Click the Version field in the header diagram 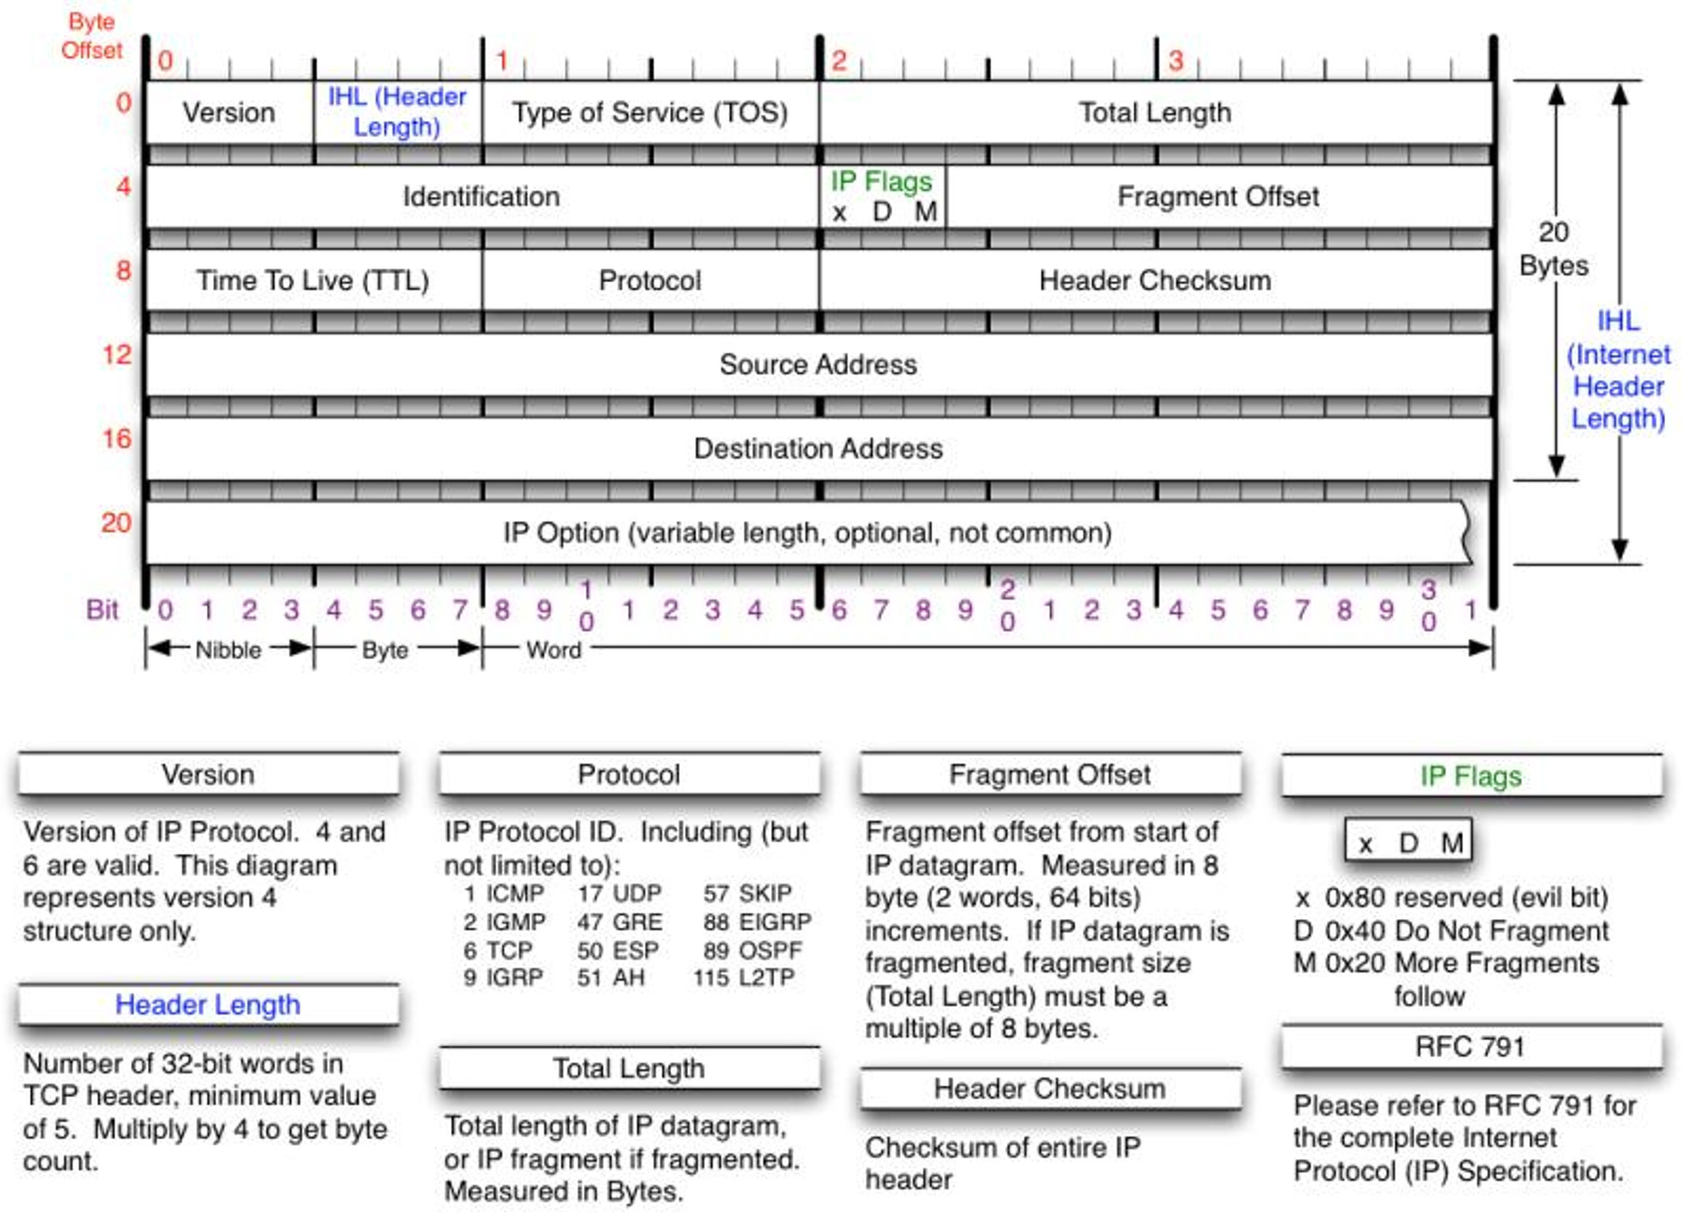229,113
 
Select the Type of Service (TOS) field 650,113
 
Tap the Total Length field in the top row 1155,113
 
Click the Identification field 482,197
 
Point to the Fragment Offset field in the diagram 1218,197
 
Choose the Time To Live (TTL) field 314,281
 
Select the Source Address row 818,365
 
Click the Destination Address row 818,449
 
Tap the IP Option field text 807,532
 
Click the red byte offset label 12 117,355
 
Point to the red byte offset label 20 116,522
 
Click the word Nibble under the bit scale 228,650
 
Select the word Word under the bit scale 554,650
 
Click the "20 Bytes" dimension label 1554,249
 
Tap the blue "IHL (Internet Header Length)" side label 1618,370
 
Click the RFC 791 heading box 1471,1046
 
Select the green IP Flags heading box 1471,776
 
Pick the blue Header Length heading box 208,1005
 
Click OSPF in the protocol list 770,951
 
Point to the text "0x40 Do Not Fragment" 1467,931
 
